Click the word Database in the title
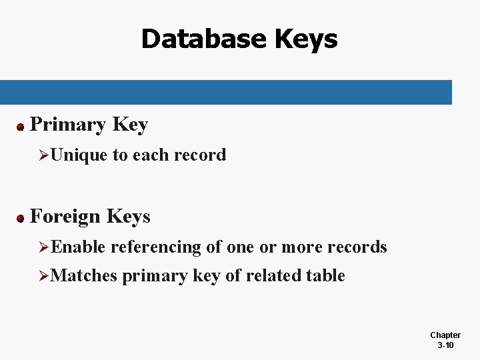[202, 39]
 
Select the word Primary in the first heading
[69, 124]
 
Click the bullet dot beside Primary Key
[21, 125]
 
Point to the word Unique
[79, 155]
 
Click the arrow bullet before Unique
[44, 156]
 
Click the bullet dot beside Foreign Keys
[21, 217]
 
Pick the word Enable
[78, 247]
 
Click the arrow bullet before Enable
[44, 248]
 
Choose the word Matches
[83, 275]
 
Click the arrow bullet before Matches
[44, 276]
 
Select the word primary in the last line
[155, 276]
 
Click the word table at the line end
[327, 275]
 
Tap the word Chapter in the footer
[445, 335]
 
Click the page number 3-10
[445, 345]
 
